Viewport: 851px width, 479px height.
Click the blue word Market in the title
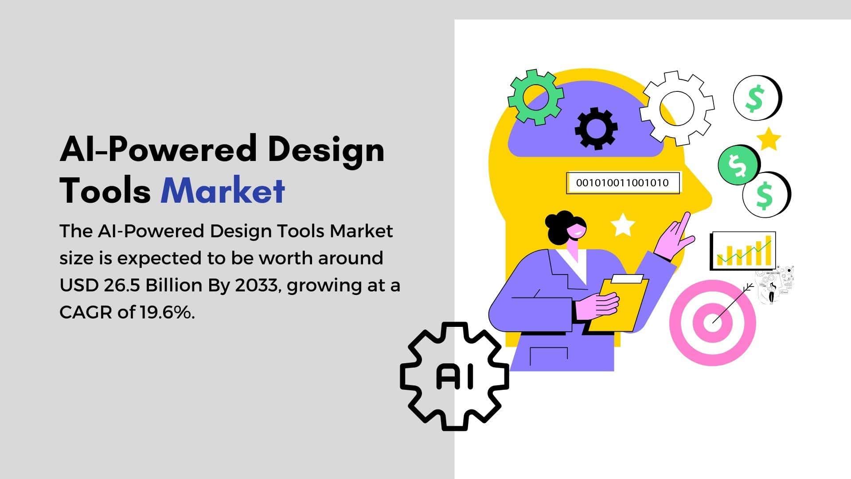(x=223, y=190)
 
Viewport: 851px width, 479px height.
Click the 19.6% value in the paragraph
(x=168, y=313)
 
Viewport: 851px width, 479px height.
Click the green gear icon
(x=535, y=97)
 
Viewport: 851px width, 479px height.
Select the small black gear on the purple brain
(x=596, y=128)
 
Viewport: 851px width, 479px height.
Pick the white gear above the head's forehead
(x=677, y=108)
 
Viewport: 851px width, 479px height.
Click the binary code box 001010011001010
(x=623, y=183)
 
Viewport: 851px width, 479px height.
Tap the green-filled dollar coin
(x=738, y=165)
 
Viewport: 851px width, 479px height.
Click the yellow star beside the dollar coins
(x=768, y=139)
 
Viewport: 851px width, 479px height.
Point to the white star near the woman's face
(x=623, y=224)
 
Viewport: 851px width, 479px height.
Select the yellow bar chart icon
(x=743, y=251)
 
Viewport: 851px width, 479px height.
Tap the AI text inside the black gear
(x=455, y=377)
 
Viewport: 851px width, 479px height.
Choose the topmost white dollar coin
(x=756, y=98)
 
